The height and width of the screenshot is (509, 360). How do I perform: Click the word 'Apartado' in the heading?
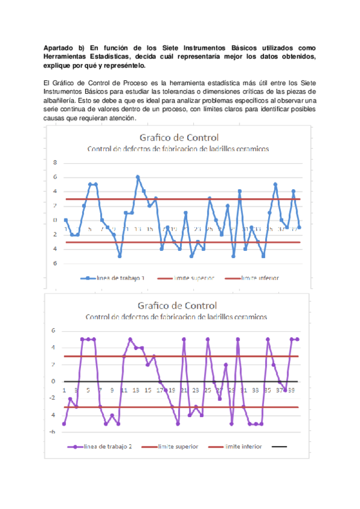58,47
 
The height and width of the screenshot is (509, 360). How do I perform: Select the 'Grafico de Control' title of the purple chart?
178,306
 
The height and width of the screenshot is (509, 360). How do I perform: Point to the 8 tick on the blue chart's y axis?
55,163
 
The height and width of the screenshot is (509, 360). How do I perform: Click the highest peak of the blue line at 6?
137,177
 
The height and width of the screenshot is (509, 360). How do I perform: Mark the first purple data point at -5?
64,424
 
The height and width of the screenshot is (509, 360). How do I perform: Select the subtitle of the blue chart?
178,149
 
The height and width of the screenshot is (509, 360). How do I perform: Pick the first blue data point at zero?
65,220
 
